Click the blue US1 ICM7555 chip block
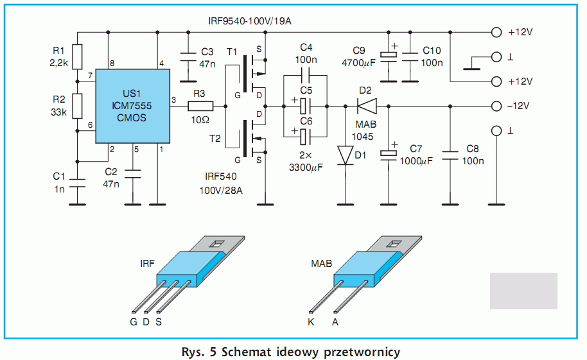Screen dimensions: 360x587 tap(132, 106)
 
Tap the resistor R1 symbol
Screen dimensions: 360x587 tap(78, 56)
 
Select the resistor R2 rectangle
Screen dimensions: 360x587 tap(78, 106)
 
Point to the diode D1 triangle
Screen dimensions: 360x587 tap(346, 155)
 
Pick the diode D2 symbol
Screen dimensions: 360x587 tap(365, 105)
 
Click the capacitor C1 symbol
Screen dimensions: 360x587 tap(78, 182)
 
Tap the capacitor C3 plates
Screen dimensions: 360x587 tap(188, 56)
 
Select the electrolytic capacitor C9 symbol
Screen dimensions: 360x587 tap(389, 55)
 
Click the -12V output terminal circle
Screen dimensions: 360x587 tap(495, 106)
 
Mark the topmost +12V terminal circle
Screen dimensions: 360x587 tap(495, 32)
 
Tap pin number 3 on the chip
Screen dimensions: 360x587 tap(173, 100)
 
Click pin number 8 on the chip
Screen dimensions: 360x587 tap(112, 62)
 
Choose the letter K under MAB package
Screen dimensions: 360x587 tap(311, 322)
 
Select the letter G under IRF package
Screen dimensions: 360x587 tap(133, 322)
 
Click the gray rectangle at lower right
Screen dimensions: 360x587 tap(523, 291)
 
